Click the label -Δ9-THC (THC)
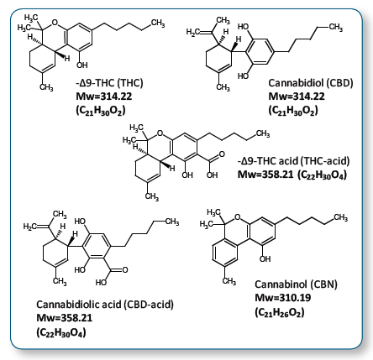tap(109, 83)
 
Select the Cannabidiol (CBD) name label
tap(311, 83)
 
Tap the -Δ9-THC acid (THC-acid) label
tap(293, 161)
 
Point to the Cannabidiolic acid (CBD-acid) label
tap(105, 304)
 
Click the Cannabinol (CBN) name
tap(296, 284)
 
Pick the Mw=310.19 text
tap(283, 298)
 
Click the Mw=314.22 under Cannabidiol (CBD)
tap(297, 97)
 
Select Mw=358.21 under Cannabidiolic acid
tap(65, 318)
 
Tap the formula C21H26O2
tap(280, 312)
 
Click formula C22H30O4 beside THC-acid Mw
tap(322, 175)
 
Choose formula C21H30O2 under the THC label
tap(101, 111)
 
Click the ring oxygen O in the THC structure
tap(55, 23)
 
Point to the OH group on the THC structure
tap(82, 65)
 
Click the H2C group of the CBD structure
tap(193, 32)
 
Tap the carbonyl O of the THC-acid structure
tap(222, 154)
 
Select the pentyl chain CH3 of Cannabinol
tap(341, 217)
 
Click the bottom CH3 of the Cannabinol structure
tap(229, 281)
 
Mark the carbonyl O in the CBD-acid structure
tap(125, 270)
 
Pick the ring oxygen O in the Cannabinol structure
tap(238, 217)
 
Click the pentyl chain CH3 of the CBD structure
tap(336, 28)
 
